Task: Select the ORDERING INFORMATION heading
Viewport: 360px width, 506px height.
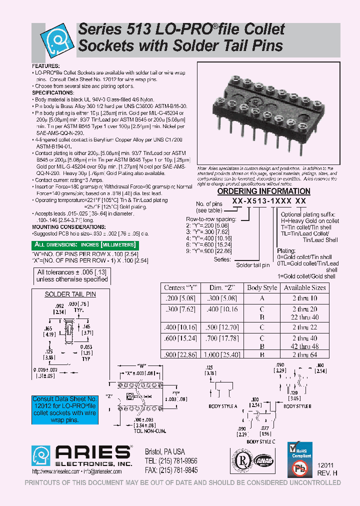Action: pyautogui.click(x=263, y=191)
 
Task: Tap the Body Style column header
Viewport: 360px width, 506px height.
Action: pyautogui.click(x=261, y=288)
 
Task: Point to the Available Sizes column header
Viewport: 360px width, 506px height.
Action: pyautogui.click(x=304, y=288)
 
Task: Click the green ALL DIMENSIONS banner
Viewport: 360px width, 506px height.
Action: pyautogui.click(x=84, y=245)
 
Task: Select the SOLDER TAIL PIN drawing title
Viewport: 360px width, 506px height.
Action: pyautogui.click(x=70, y=294)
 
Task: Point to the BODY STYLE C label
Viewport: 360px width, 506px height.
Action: pyautogui.click(x=260, y=441)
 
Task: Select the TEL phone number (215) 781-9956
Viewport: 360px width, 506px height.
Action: pyautogui.click(x=171, y=461)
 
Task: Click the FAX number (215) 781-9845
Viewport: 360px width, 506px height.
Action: pyautogui.click(x=171, y=470)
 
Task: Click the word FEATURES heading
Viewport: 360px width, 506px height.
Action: pyautogui.click(x=45, y=66)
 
